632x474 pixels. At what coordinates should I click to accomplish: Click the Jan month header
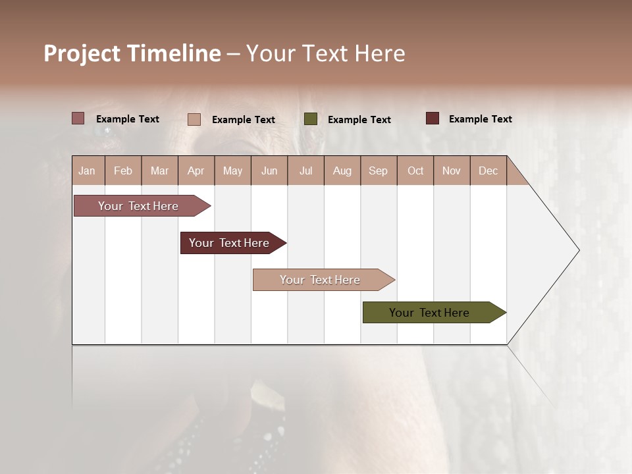87,171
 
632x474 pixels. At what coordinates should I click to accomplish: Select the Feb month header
123,171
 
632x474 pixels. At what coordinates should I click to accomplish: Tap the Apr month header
196,171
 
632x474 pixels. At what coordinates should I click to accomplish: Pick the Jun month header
269,171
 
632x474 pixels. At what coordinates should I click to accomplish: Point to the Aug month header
342,171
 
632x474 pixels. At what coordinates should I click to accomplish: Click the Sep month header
378,171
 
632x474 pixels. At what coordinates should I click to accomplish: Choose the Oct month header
415,171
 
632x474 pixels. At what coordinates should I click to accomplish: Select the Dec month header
488,171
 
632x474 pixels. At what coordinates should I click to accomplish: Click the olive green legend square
311,119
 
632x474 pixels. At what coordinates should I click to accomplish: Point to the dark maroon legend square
432,118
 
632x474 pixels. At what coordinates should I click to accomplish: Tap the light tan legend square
194,119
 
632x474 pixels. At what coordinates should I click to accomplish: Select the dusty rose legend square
78,118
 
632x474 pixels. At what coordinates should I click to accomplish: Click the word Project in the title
82,53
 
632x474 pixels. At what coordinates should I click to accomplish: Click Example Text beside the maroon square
480,119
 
